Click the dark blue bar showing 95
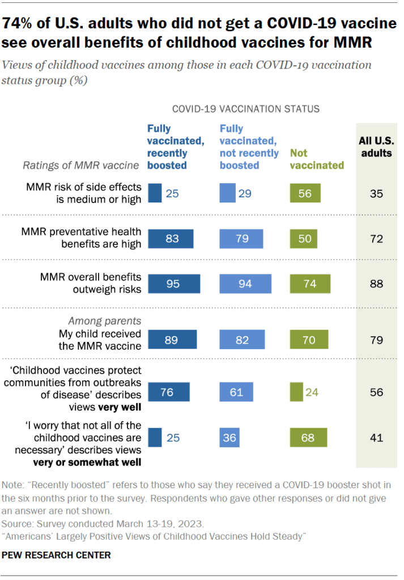click(x=174, y=283)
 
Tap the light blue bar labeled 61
click(x=237, y=392)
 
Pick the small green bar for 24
click(x=295, y=392)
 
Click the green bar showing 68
click(x=309, y=437)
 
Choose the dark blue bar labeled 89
click(x=172, y=340)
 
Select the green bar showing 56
click(x=305, y=193)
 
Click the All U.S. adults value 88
click(x=376, y=283)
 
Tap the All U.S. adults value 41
click(x=376, y=437)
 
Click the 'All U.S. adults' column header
click(x=376, y=146)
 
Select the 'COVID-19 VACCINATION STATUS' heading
click(x=245, y=108)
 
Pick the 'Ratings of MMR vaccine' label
click(x=80, y=165)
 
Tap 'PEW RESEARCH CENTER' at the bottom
click(x=57, y=554)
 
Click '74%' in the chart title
click(x=19, y=23)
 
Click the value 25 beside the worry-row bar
click(x=173, y=437)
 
